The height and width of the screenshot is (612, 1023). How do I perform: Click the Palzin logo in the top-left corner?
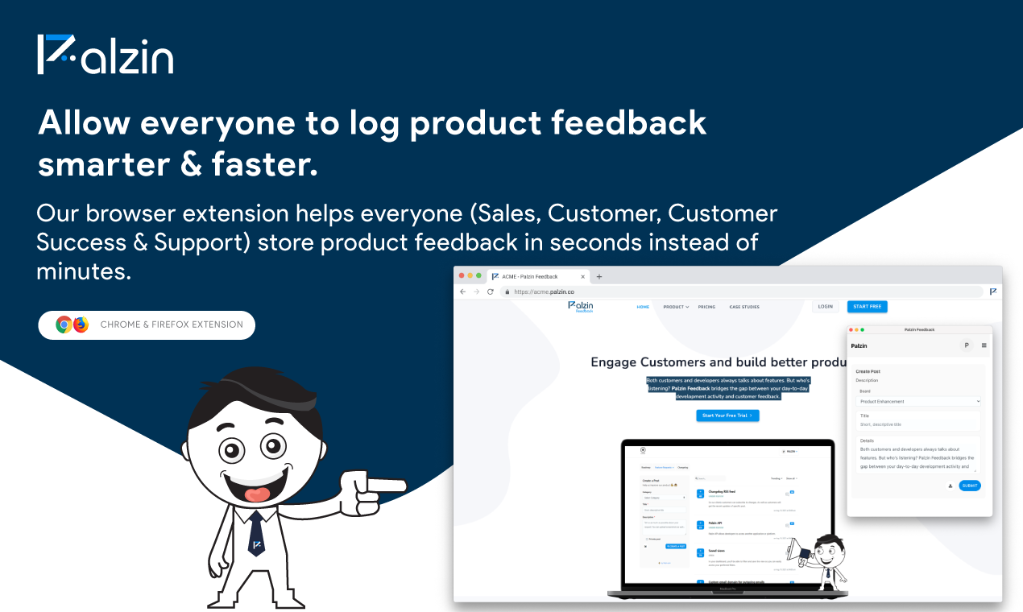105,55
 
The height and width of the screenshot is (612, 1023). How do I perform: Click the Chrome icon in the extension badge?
64,325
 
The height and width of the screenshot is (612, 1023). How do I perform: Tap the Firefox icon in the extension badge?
81,325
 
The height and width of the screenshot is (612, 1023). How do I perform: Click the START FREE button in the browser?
867,307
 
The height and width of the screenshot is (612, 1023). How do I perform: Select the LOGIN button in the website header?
825,307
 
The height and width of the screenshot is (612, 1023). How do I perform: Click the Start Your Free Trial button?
727,416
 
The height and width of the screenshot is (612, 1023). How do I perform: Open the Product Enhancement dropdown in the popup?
918,401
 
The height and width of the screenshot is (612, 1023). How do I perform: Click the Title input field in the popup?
918,424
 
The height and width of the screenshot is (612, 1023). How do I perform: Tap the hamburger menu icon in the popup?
984,345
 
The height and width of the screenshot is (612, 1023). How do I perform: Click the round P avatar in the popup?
966,345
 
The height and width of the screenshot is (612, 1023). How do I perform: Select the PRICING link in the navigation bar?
706,307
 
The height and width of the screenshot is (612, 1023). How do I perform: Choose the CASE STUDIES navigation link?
744,307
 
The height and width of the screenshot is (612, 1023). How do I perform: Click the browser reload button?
490,292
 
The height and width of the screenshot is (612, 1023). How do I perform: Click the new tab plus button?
598,276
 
